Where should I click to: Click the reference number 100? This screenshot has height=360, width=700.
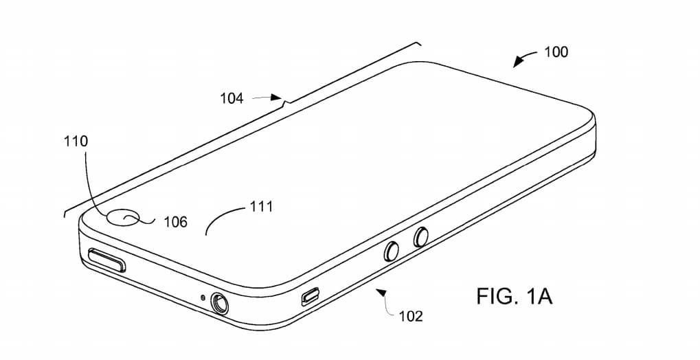point(556,52)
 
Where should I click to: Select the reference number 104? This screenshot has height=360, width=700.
point(232,98)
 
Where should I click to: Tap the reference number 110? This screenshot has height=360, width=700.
point(76,142)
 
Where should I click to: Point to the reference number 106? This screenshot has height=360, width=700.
point(175,222)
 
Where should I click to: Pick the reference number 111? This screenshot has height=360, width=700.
point(261,207)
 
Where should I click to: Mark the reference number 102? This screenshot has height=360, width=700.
point(411,316)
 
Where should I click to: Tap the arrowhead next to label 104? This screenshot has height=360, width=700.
point(277,97)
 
